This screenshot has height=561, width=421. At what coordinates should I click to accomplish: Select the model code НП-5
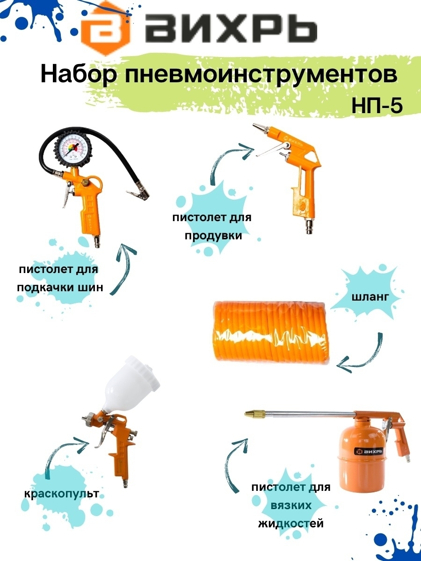[377, 106]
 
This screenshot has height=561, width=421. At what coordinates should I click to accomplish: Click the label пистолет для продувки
[212, 226]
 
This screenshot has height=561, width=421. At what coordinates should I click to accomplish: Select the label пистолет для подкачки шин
[60, 278]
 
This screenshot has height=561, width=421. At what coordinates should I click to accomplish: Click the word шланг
[370, 297]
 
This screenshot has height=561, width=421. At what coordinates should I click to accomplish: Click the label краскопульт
[61, 494]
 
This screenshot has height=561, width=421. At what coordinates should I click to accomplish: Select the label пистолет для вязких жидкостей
[291, 505]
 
